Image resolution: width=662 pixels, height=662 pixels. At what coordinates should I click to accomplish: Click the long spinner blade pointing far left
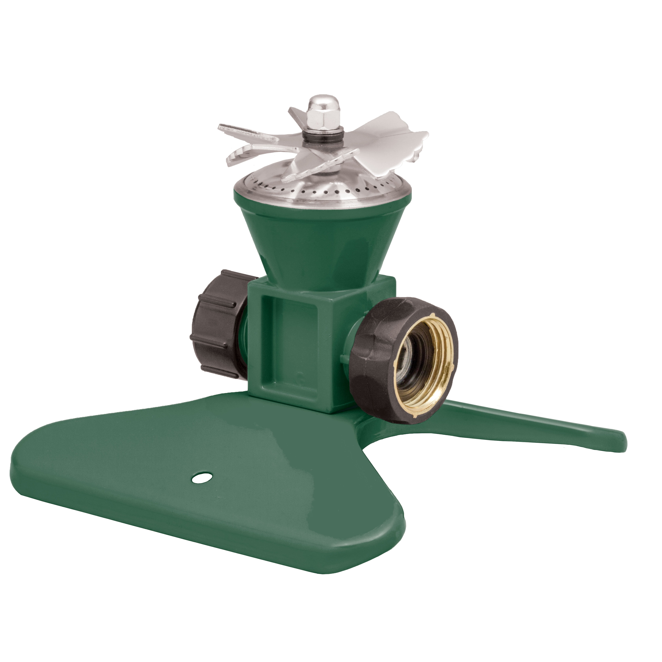click(x=247, y=132)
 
